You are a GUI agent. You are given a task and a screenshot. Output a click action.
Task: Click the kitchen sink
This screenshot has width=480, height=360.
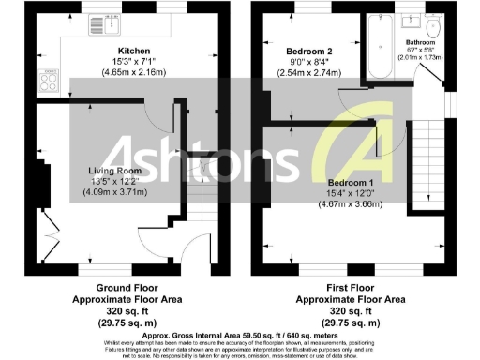tap(97, 22)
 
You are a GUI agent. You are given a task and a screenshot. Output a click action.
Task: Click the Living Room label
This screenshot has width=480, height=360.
tap(114, 171)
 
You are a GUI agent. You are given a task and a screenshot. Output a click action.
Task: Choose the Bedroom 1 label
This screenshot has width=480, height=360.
tap(351, 182)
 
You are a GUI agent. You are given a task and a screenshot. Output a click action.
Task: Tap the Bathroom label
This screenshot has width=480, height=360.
tap(419, 43)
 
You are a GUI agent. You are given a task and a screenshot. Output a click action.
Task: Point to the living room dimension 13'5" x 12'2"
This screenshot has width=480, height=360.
tap(114, 181)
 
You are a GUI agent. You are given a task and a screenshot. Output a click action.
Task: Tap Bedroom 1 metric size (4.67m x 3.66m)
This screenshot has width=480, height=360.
tap(351, 202)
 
